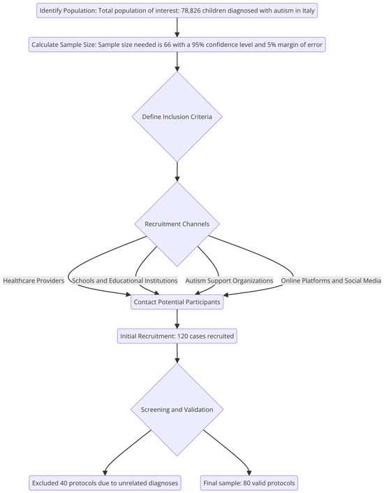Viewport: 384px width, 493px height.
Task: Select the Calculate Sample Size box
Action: (x=177, y=44)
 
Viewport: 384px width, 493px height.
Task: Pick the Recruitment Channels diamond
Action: (x=177, y=224)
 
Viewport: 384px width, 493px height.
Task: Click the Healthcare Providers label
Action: (x=34, y=280)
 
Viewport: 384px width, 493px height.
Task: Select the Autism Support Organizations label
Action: (x=229, y=280)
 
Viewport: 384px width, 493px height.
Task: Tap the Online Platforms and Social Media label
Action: (x=331, y=280)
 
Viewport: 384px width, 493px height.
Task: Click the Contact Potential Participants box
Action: (x=177, y=302)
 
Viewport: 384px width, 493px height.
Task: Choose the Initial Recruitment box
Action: (x=177, y=336)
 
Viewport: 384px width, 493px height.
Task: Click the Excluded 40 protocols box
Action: (x=105, y=482)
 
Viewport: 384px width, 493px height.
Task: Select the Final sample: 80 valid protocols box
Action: (x=250, y=482)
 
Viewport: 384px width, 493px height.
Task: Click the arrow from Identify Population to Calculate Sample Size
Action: (x=177, y=27)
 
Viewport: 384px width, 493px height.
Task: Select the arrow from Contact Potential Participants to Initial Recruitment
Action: (x=177, y=319)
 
